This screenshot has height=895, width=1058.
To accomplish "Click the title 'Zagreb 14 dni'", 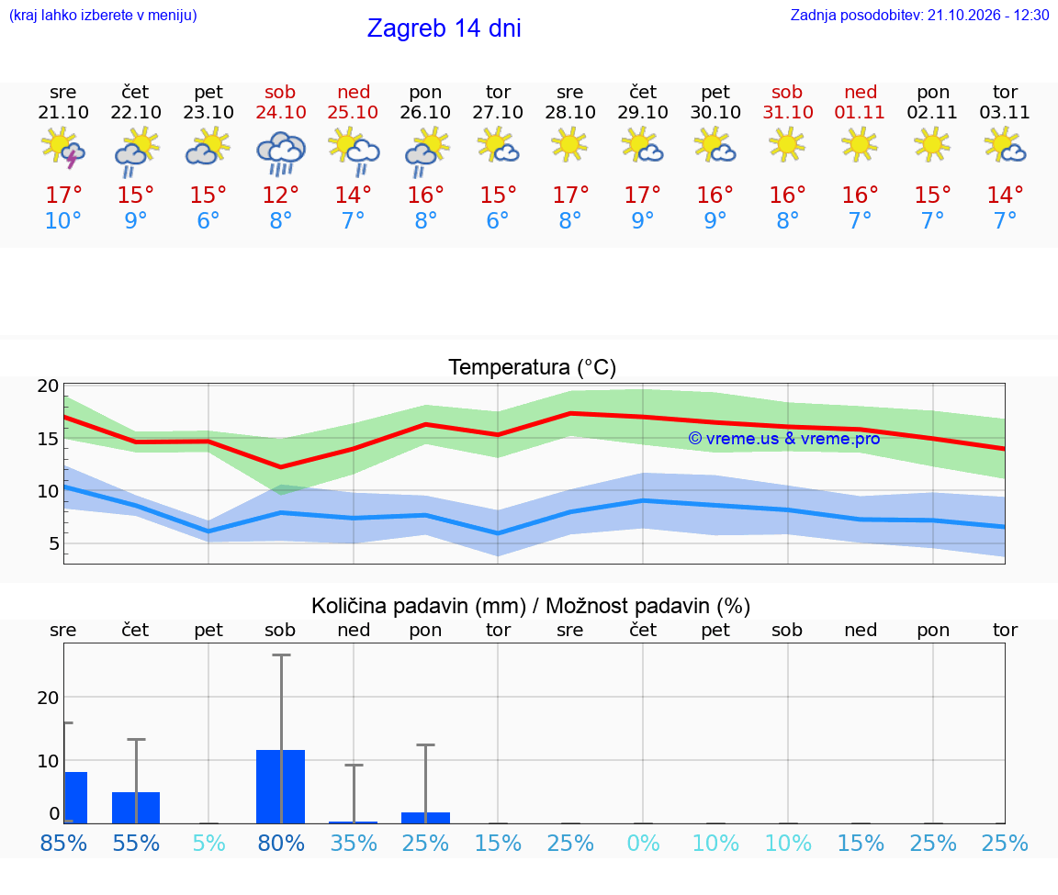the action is pos(444,28).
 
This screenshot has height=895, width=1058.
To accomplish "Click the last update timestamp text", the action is pos(919,15).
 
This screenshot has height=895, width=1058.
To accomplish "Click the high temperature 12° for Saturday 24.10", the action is pos(281,195).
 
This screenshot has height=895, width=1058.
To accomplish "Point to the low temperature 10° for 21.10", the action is pos(62,220).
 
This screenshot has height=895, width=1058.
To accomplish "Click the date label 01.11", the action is pos(860,112).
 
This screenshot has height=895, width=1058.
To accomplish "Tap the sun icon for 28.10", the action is pos(569,144).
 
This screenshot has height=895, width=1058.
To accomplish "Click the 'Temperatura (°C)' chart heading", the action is pos(533,367).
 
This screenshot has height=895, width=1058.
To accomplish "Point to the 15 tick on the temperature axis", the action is pos(48,439).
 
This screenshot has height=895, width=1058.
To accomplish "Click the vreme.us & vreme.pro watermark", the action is pos(784,439).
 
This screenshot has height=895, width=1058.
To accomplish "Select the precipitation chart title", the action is pos(530,606).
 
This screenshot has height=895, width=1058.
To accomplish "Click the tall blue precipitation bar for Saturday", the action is pos(281,787).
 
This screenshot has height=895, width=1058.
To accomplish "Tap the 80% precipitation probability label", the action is pos(281,843).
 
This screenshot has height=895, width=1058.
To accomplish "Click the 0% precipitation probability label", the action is pos(643,843).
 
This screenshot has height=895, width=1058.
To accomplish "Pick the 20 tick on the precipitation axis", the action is pos(48,698).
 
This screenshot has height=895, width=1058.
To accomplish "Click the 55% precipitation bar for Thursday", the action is pos(136,808).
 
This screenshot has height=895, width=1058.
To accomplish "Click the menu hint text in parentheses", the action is pos(103,15).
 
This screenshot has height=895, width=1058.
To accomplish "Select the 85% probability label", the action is pos(63,843).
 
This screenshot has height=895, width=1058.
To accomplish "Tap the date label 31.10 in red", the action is pos(787,112).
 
